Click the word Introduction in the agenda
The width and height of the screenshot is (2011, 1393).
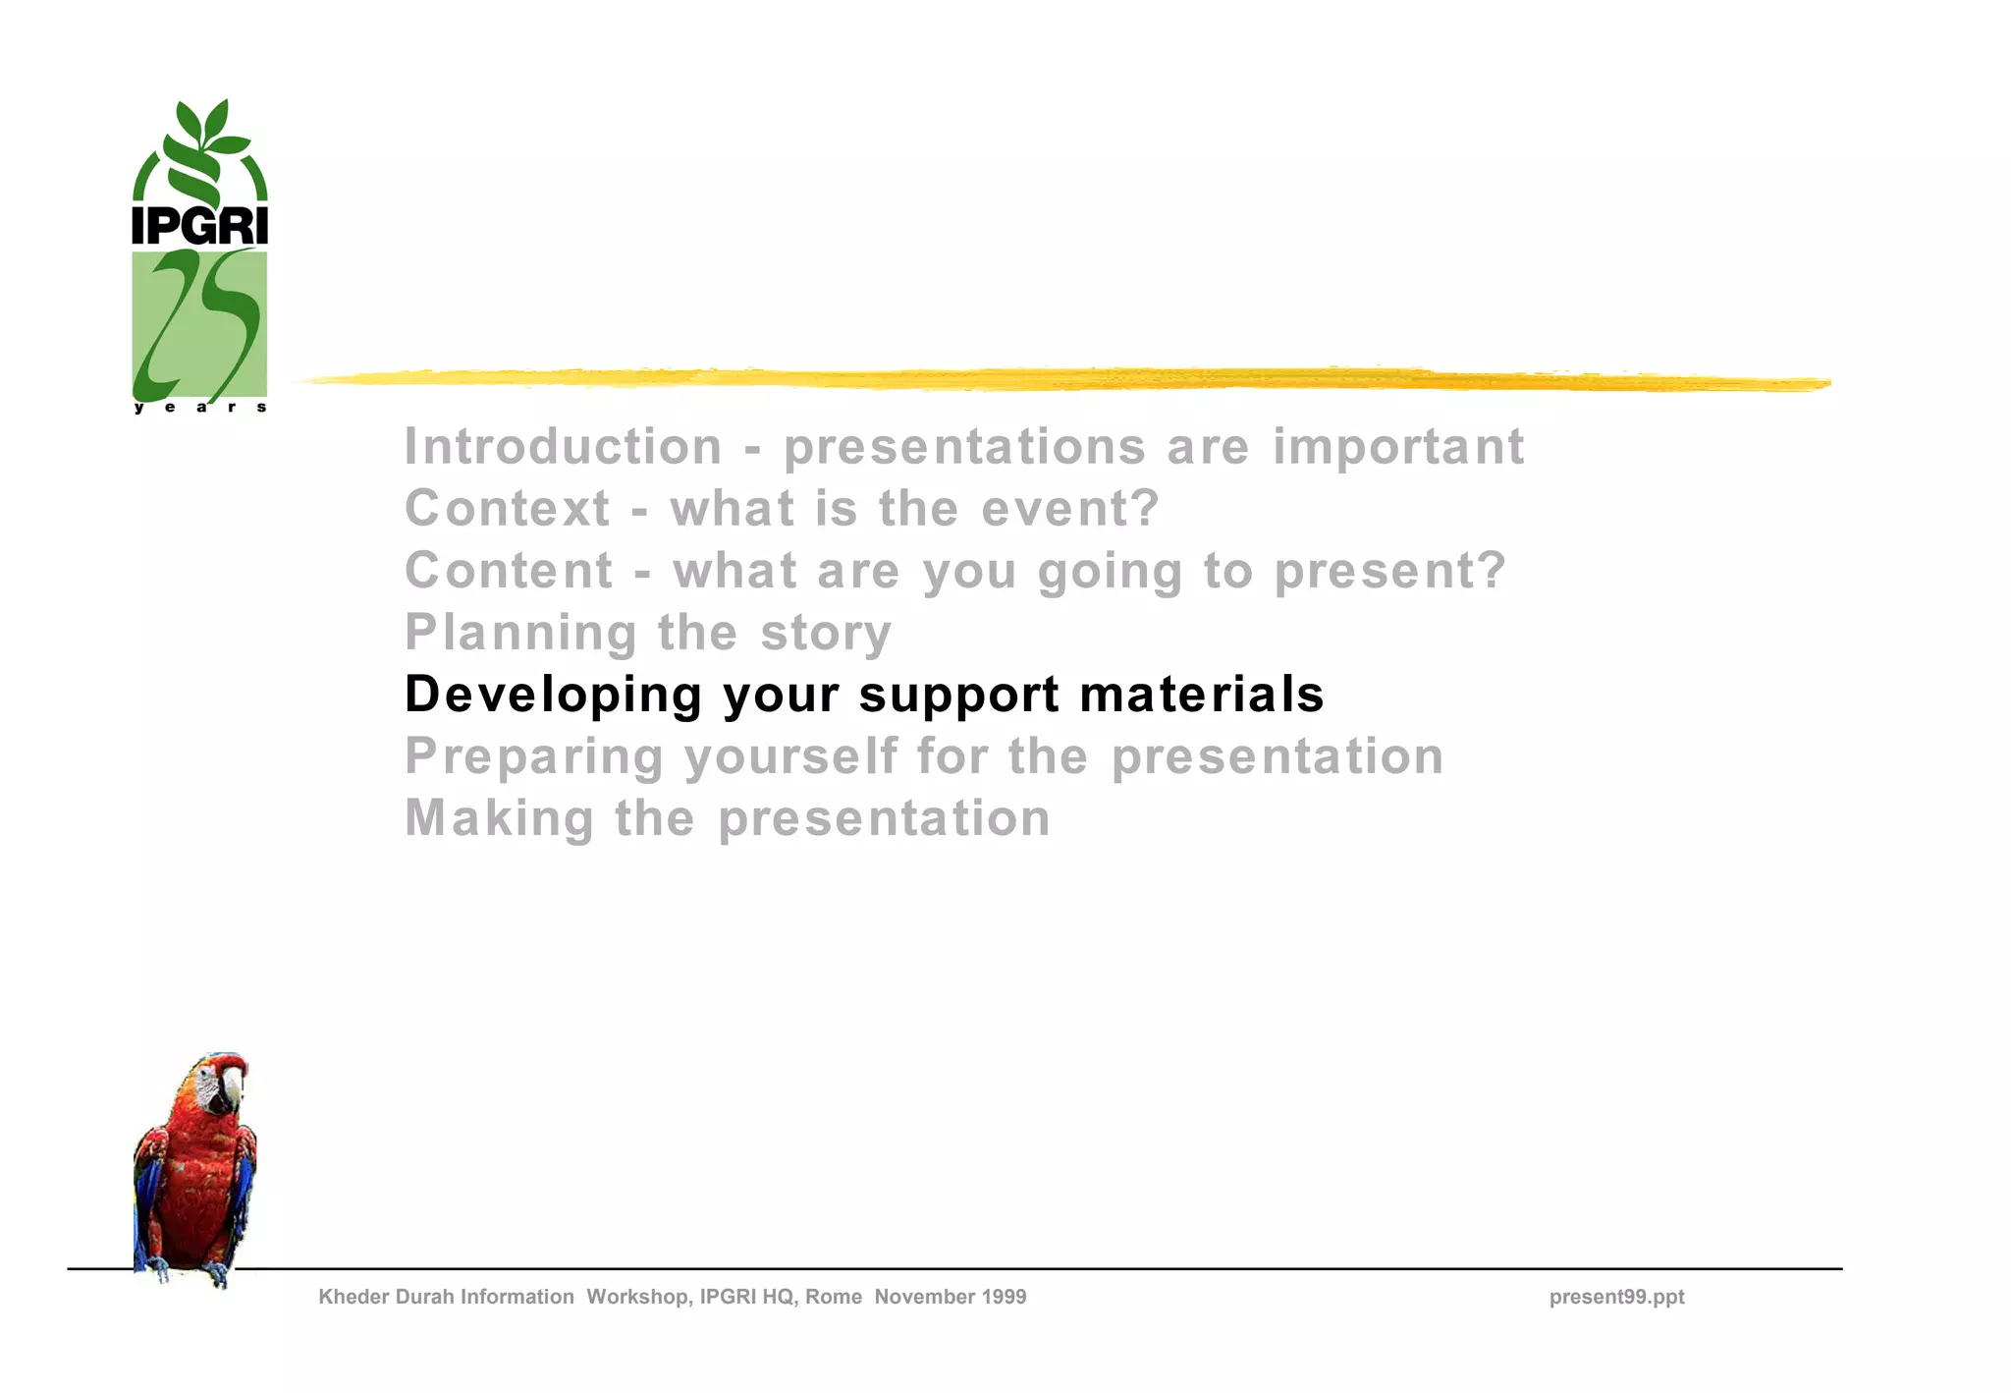[563, 447]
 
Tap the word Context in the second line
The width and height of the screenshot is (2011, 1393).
[508, 509]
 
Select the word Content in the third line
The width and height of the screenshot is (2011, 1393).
[509, 571]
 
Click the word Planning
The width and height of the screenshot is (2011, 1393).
[520, 634]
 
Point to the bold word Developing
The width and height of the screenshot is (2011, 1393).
[554, 695]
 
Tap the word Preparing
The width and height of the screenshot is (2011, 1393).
[534, 757]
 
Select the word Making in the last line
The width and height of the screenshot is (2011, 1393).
[499, 818]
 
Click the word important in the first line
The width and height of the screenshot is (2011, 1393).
[1398, 447]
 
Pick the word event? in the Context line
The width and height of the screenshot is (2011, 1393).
[1070, 509]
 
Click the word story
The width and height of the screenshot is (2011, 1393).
[826, 633]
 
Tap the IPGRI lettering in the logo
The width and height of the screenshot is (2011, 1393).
[199, 225]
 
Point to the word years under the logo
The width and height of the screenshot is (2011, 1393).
[199, 407]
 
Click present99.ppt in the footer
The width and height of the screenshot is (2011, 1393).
[1616, 1297]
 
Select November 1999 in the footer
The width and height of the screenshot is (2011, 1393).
[951, 1297]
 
